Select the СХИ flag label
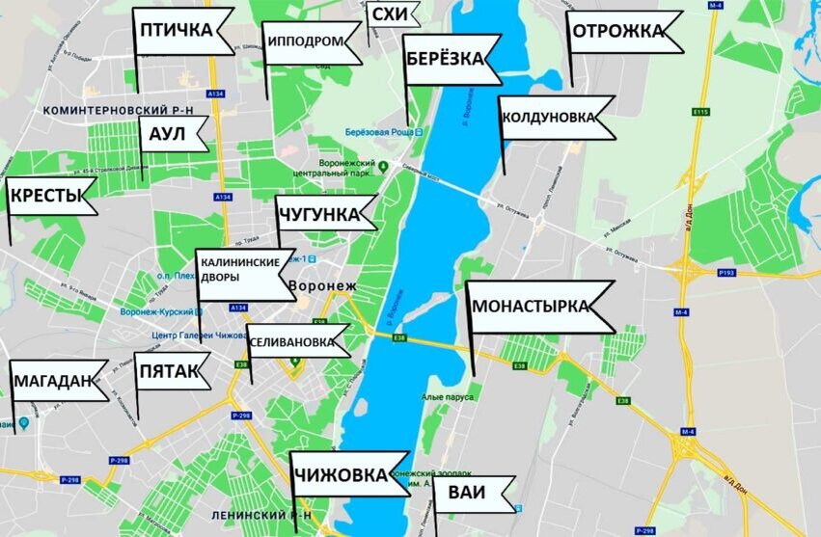pyautogui.click(x=390, y=14)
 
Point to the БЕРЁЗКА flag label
pyautogui.click(x=445, y=59)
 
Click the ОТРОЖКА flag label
pyautogui.click(x=618, y=32)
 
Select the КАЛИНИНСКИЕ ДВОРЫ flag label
pyautogui.click(x=241, y=270)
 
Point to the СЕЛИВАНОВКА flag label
pyautogui.click(x=294, y=342)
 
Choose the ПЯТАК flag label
pyautogui.click(x=169, y=371)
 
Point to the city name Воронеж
pyautogui.click(x=322, y=286)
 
